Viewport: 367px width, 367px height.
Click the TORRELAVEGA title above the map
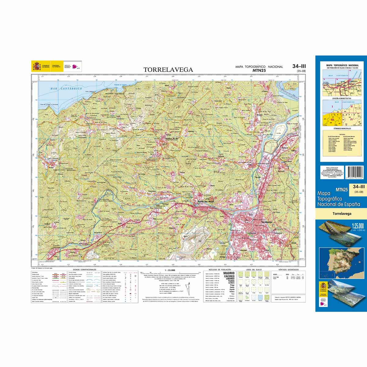coord(168,70)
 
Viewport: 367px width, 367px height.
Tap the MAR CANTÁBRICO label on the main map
coord(63,88)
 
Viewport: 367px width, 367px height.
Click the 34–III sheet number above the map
coord(299,66)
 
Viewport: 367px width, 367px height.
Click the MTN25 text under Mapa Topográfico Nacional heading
coord(259,70)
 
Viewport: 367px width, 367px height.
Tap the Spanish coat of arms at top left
coord(36,66)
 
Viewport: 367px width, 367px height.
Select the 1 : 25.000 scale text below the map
coord(169,270)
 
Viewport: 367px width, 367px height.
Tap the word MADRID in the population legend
coord(229,273)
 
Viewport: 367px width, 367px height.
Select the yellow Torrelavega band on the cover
coord(341,214)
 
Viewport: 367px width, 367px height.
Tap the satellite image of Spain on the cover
coord(340,262)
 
